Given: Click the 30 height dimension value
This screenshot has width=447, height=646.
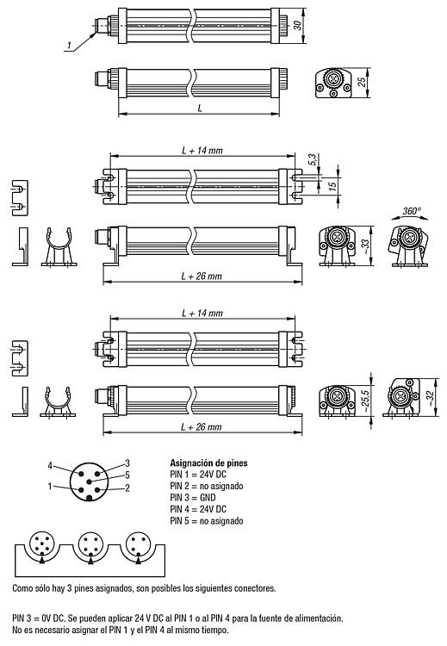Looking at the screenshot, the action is [297, 25].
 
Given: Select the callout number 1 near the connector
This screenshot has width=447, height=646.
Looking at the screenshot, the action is [69, 45].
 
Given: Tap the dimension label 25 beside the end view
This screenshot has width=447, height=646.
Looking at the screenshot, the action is [362, 82].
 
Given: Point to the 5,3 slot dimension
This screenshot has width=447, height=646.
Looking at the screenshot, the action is [313, 160].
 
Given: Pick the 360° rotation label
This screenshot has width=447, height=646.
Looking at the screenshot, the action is [412, 211].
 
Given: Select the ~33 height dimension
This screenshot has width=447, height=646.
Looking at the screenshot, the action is [364, 245].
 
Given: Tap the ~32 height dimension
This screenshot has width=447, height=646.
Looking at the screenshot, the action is [430, 398].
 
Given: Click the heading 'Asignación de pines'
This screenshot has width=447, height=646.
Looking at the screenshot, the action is [209, 463].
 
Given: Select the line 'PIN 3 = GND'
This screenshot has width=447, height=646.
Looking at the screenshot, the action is [193, 498].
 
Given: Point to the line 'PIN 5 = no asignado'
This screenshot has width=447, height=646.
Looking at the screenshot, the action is [207, 521].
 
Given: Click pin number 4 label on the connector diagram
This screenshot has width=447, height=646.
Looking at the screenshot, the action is [50, 466].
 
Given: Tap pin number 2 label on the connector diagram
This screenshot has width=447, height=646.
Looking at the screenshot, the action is [127, 488].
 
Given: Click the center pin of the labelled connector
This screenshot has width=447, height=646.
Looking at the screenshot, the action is [89, 481].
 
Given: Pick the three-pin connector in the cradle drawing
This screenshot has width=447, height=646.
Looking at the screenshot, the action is [138, 544].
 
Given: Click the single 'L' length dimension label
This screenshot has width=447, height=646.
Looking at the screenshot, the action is [200, 109].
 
